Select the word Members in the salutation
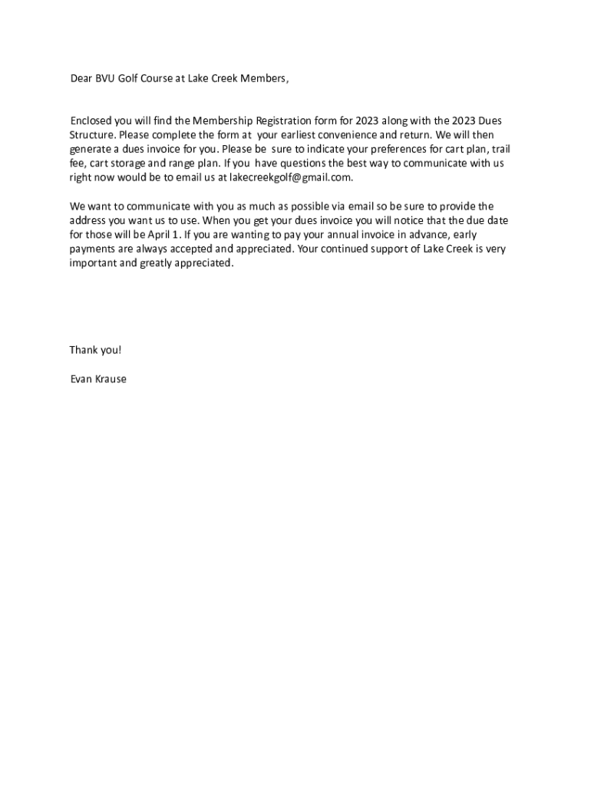pos(265,78)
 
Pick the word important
pos(92,263)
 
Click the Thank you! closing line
pos(96,350)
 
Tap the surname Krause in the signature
pos(111,378)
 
